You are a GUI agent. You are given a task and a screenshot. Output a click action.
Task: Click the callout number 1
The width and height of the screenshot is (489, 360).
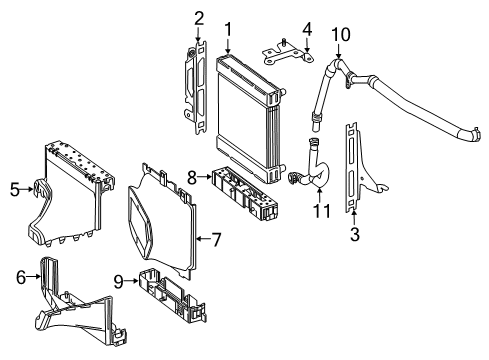click(x=228, y=29)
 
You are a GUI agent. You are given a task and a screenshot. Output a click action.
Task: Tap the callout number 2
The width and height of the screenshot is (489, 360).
click(x=199, y=18)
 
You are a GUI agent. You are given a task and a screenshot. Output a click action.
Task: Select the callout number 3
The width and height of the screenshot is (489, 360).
click(x=355, y=234)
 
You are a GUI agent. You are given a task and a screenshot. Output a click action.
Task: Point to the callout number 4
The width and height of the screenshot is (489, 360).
click(x=307, y=29)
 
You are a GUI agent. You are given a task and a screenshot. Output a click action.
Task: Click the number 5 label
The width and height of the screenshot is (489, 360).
click(x=15, y=190)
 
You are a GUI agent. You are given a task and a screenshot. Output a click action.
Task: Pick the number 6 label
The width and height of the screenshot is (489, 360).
click(x=21, y=277)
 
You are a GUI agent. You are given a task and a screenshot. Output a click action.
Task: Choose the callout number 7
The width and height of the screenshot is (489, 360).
click(x=217, y=239)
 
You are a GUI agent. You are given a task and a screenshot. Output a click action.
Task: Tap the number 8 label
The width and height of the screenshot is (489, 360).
click(x=192, y=178)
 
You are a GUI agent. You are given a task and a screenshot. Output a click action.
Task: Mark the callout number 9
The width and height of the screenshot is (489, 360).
click(x=118, y=282)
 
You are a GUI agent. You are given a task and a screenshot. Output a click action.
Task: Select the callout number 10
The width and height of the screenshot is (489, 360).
click(x=341, y=34)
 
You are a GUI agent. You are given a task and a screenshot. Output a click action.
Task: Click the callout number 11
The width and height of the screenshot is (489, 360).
click(x=322, y=211)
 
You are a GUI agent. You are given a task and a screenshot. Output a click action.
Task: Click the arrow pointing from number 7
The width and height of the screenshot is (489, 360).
click(x=203, y=239)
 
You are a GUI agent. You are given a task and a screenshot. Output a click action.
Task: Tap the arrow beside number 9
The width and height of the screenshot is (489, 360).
click(x=131, y=281)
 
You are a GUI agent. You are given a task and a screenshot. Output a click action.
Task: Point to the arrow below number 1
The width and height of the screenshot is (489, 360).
click(x=228, y=46)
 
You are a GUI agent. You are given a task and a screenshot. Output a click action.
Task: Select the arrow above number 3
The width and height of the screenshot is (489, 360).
click(x=354, y=217)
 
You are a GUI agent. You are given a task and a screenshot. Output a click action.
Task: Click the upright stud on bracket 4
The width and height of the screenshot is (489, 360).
click(x=284, y=42)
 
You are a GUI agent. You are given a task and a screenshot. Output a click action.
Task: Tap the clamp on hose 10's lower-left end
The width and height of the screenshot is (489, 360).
click(x=316, y=117)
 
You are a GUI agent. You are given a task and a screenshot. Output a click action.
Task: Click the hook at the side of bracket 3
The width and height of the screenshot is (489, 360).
click(x=381, y=188)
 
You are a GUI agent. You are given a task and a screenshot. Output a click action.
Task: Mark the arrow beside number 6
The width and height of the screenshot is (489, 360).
click(x=33, y=276)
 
